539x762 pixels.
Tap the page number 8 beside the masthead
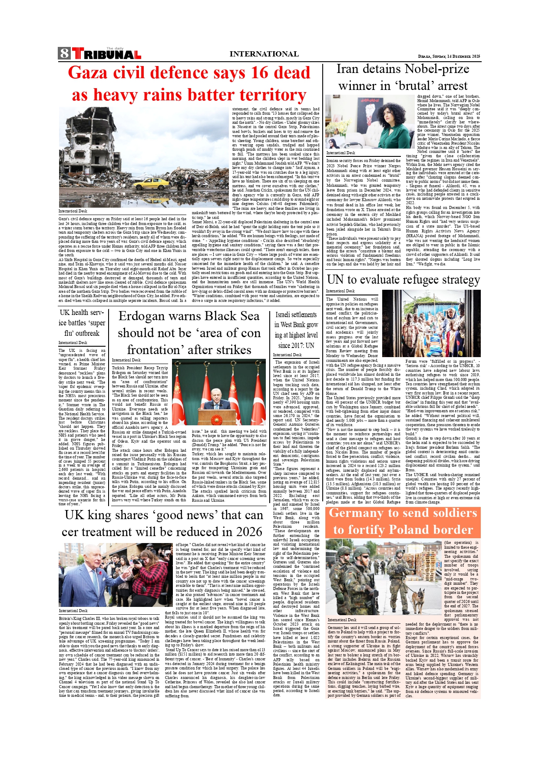pyautogui.click(x=64, y=53)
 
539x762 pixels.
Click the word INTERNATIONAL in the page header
pyautogui.click(x=264, y=54)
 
